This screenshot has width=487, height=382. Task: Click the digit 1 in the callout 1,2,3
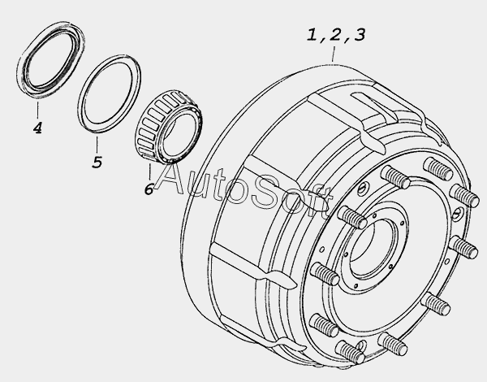pyautogui.click(x=312, y=35)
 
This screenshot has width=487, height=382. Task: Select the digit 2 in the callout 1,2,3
pyautogui.click(x=335, y=35)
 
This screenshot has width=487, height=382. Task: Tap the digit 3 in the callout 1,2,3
pyautogui.click(x=360, y=35)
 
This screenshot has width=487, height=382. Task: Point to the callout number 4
pyautogui.click(x=37, y=128)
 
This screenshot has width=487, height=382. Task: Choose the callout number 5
pyautogui.click(x=97, y=162)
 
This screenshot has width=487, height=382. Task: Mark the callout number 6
pyautogui.click(x=149, y=189)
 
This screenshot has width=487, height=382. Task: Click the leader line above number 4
pyautogui.click(x=38, y=110)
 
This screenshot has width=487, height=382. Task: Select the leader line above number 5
pyautogui.click(x=97, y=145)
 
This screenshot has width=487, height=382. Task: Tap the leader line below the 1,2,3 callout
pyautogui.click(x=334, y=54)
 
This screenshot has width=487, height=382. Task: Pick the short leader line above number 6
pyautogui.click(x=150, y=171)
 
